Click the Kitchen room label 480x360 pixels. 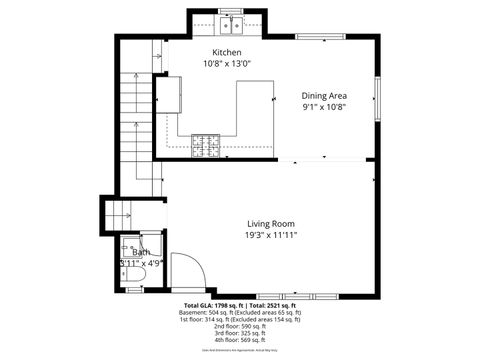[x=226, y=51]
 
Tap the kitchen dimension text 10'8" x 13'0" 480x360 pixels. [x=226, y=62]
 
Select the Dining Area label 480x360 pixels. [x=325, y=96]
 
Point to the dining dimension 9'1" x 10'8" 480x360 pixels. [x=325, y=107]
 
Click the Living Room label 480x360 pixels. [x=272, y=223]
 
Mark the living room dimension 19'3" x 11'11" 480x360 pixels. [x=272, y=235]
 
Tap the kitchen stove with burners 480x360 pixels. [x=208, y=146]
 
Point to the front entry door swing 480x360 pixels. [x=187, y=271]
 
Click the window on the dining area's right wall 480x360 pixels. [x=377, y=96]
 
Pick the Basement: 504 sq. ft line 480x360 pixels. [x=240, y=312]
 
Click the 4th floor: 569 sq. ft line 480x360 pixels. [x=240, y=340]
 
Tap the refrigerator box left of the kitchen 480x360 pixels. [x=167, y=96]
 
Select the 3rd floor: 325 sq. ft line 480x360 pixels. [x=240, y=333]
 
